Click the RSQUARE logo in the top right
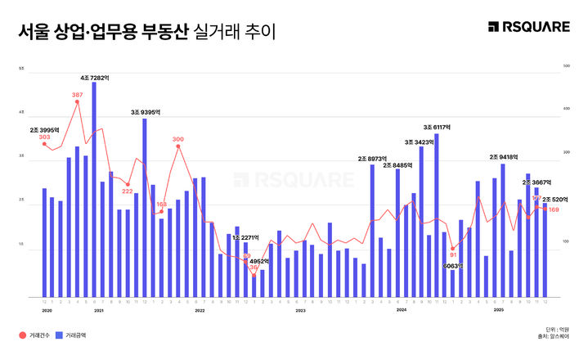point(529,28)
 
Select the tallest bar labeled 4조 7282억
point(94,188)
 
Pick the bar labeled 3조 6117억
point(438,214)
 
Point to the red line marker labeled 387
point(78,103)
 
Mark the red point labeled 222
point(128,184)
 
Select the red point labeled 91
point(452,249)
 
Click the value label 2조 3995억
point(44,129)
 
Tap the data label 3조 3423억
point(420,141)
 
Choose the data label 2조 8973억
point(372,158)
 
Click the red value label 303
point(44,137)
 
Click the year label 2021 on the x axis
point(98,310)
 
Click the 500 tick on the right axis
point(556,65)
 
